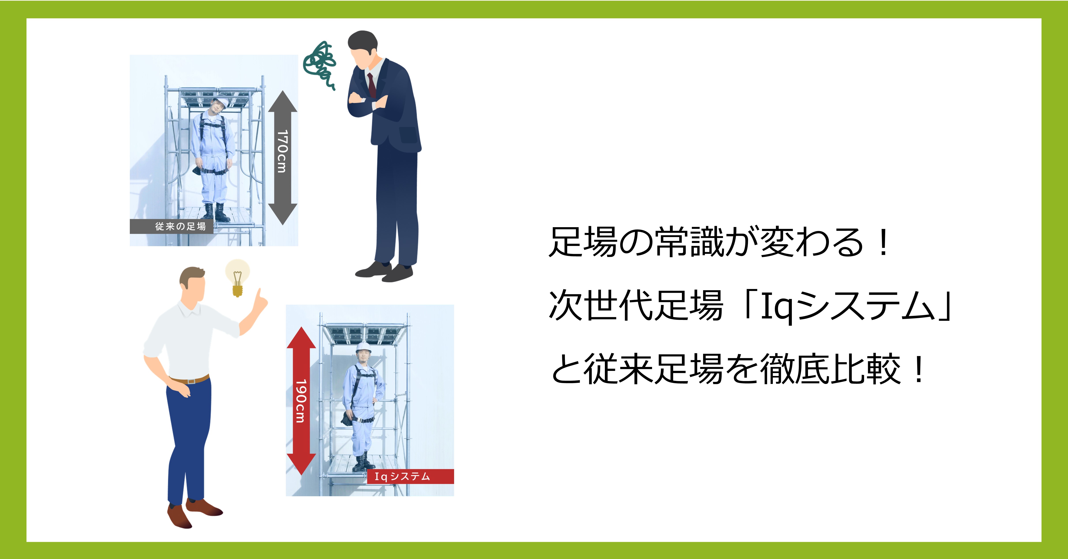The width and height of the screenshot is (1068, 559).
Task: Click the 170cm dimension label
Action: pos(282,151)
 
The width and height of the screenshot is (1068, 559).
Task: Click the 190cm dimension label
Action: pos(301,401)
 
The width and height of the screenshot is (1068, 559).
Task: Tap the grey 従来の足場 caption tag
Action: pos(172,227)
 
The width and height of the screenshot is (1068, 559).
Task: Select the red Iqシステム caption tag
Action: pos(410,476)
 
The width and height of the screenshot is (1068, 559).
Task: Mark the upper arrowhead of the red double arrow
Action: pos(301,338)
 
